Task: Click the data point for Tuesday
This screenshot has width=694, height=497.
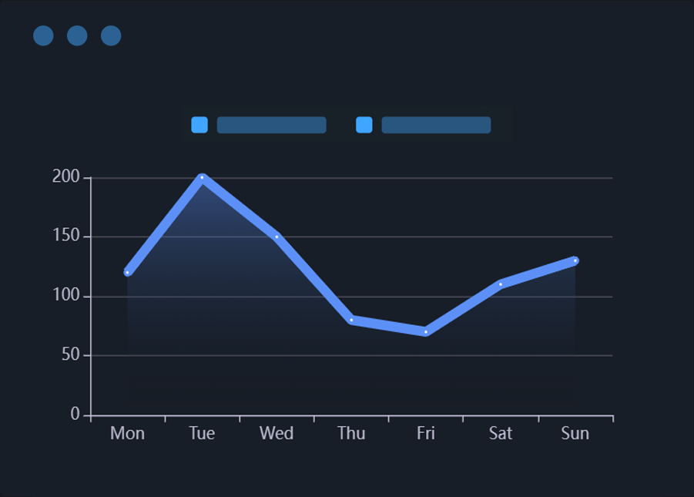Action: point(202,178)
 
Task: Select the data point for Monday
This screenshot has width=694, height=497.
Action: point(127,273)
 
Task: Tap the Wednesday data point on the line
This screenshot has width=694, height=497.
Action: point(277,237)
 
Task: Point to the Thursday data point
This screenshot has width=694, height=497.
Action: point(351,320)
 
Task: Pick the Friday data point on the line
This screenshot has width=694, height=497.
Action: point(426,332)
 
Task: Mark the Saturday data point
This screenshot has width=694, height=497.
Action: point(501,284)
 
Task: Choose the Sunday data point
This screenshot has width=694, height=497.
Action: point(575,260)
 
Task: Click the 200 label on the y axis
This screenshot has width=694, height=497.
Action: point(66,177)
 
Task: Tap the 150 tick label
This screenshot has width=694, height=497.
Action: point(66,237)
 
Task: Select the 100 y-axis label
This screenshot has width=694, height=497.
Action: point(66,296)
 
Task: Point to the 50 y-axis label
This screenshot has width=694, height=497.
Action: point(70,355)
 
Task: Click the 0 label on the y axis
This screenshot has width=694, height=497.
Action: point(75,415)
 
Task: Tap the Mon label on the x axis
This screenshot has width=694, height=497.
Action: point(127,433)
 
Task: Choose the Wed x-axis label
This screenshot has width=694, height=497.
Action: point(277,433)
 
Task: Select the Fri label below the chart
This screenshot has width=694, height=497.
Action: point(426,433)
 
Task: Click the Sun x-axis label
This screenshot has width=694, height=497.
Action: point(575,433)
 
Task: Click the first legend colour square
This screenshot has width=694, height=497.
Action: point(199,125)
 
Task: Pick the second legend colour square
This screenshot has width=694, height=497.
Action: point(364,125)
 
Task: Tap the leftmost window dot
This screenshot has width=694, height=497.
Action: point(43,35)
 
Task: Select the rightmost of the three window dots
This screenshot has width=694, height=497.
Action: point(111,35)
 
